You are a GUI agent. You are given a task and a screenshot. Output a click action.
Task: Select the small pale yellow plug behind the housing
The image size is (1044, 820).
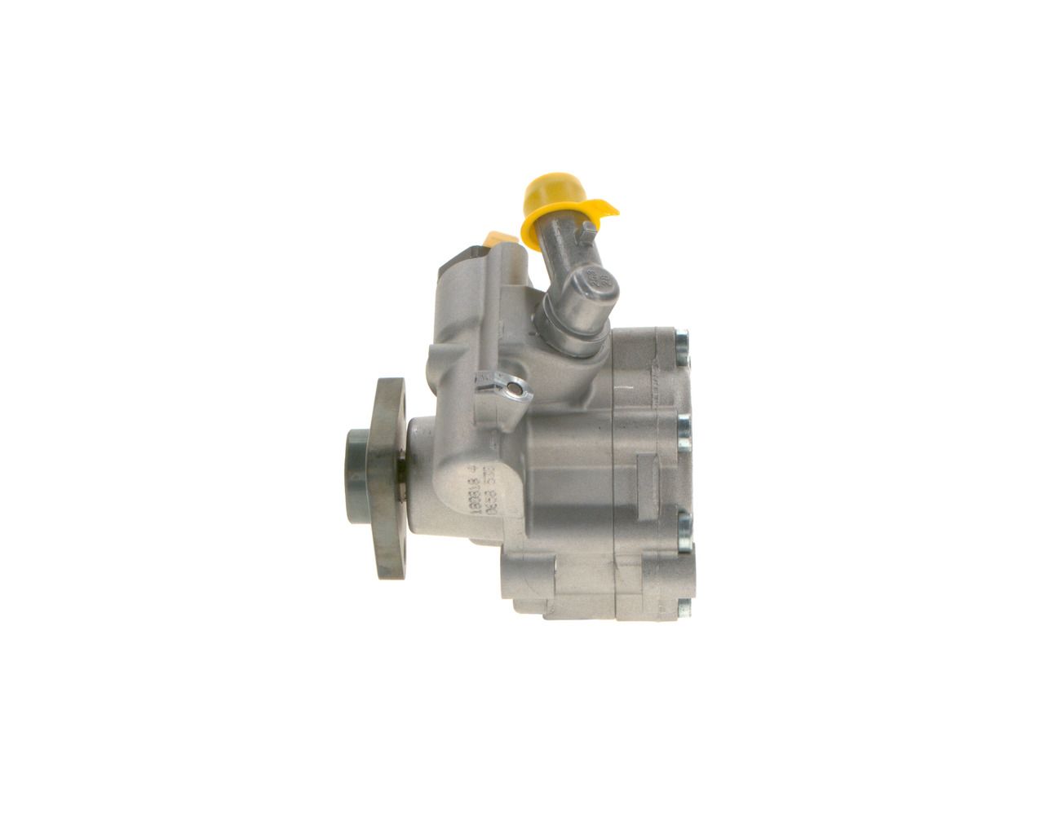point(498,239)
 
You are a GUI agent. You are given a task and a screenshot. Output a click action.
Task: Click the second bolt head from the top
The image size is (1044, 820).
point(683,431)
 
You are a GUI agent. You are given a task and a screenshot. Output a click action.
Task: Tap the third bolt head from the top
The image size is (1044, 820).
point(683,522)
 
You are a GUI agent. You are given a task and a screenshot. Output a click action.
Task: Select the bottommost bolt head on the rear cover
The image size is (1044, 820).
point(683,608)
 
